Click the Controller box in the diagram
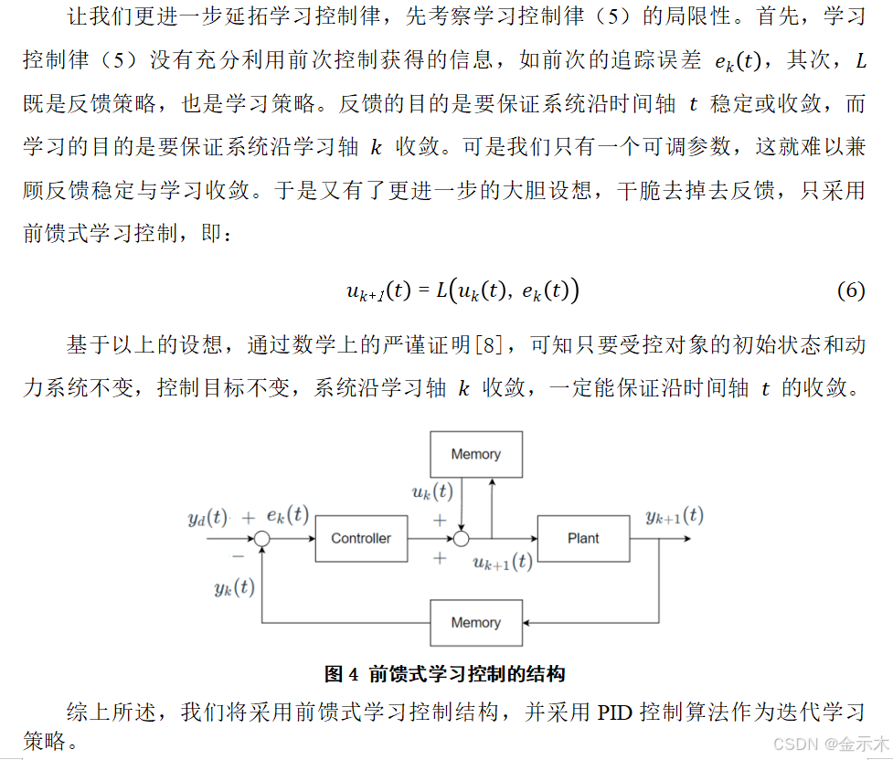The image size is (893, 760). (361, 538)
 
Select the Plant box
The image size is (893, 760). (583, 538)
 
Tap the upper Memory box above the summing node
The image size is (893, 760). (475, 454)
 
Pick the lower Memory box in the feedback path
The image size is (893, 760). (475, 622)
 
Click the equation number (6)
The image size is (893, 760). (850, 290)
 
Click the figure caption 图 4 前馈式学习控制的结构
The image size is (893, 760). (445, 674)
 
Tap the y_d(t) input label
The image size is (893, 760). (207, 517)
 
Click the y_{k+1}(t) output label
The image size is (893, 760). (674, 516)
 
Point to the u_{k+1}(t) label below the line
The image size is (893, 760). (502, 562)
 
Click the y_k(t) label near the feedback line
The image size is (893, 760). (235, 587)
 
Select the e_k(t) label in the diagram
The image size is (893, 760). (287, 516)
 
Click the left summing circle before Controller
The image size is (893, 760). (262, 539)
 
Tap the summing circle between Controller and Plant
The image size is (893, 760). (462, 539)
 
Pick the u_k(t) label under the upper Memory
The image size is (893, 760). (432, 492)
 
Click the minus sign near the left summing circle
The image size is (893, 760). (238, 554)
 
